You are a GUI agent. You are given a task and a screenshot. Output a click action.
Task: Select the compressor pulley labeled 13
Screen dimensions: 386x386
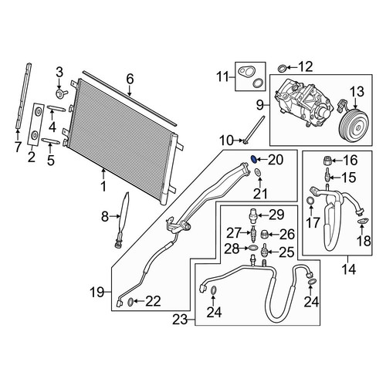[x=354, y=125]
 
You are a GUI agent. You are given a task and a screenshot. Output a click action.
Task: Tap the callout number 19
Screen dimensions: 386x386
[x=97, y=293]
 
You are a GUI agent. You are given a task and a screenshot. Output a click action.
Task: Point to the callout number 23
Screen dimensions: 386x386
[x=180, y=320]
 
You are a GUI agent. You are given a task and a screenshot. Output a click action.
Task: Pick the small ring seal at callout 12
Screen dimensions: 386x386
[x=282, y=68]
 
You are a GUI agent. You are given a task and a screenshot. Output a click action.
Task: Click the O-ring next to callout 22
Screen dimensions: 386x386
[x=131, y=302]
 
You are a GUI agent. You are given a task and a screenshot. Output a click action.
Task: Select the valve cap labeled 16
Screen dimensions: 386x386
[x=327, y=161]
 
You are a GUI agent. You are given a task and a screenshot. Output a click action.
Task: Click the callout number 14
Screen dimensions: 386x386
[x=349, y=269]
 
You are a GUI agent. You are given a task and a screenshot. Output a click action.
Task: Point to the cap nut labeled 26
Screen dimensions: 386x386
[x=265, y=235]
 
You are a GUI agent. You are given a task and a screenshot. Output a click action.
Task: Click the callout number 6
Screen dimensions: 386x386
[x=130, y=79]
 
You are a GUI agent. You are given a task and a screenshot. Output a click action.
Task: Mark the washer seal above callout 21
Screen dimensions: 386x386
[x=257, y=172]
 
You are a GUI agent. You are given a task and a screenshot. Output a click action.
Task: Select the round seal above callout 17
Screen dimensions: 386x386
[x=311, y=200]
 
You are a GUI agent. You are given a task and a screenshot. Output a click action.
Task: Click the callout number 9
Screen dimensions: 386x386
[x=259, y=105]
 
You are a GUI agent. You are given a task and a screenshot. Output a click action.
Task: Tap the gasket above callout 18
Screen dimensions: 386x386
[x=363, y=220]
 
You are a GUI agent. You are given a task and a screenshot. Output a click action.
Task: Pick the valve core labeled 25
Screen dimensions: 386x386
[x=264, y=249]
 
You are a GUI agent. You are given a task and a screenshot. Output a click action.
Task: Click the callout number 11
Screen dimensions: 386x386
[x=222, y=76]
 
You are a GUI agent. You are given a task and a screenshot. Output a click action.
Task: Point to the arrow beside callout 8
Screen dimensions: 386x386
[x=115, y=217]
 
